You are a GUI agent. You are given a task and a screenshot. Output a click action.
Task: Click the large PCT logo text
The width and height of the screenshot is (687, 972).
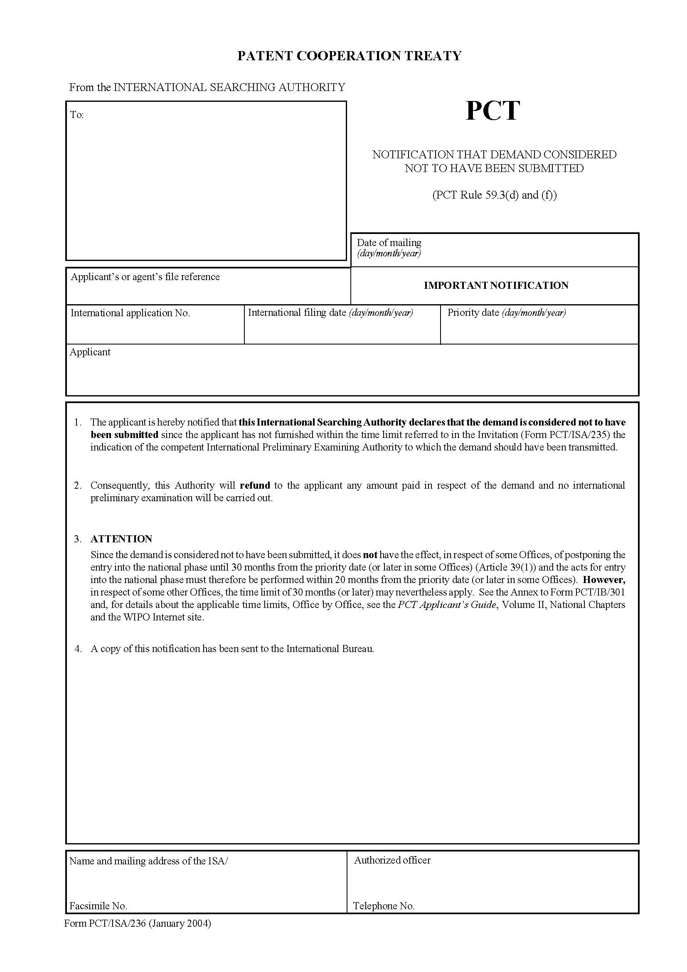coord(492,111)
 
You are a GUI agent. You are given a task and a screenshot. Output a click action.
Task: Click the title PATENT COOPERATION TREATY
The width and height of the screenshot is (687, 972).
coord(349,56)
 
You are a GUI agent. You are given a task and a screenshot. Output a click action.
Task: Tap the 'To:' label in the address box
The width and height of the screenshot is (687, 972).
coord(76,115)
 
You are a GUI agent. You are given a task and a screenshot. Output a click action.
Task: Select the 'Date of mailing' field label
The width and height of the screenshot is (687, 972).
coord(389,243)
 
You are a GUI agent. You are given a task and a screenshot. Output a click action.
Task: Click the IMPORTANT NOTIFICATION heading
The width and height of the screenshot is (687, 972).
coord(496,285)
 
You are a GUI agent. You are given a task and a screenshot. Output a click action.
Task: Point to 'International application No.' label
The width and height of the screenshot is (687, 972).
coord(130,313)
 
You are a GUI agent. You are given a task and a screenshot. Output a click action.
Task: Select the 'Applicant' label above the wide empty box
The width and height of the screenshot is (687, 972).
coord(90,352)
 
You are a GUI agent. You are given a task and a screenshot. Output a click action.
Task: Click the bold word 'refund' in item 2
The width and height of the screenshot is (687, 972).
coord(254,485)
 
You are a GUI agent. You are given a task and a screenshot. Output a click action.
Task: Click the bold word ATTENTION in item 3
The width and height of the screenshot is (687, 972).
coord(121,539)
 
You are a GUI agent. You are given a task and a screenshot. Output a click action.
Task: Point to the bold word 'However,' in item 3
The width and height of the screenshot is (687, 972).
coord(603,580)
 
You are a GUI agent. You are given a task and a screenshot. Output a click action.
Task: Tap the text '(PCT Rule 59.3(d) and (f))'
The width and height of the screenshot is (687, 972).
coord(494,195)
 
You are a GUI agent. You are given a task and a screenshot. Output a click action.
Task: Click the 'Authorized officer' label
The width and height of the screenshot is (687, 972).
coord(392,860)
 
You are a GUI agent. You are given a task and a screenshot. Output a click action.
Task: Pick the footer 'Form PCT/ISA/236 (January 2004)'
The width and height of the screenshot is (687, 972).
coord(137,923)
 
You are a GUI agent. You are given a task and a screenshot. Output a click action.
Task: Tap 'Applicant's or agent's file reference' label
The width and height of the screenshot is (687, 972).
coord(145,276)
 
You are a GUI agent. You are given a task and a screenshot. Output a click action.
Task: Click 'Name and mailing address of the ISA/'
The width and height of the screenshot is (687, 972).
coord(148,861)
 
